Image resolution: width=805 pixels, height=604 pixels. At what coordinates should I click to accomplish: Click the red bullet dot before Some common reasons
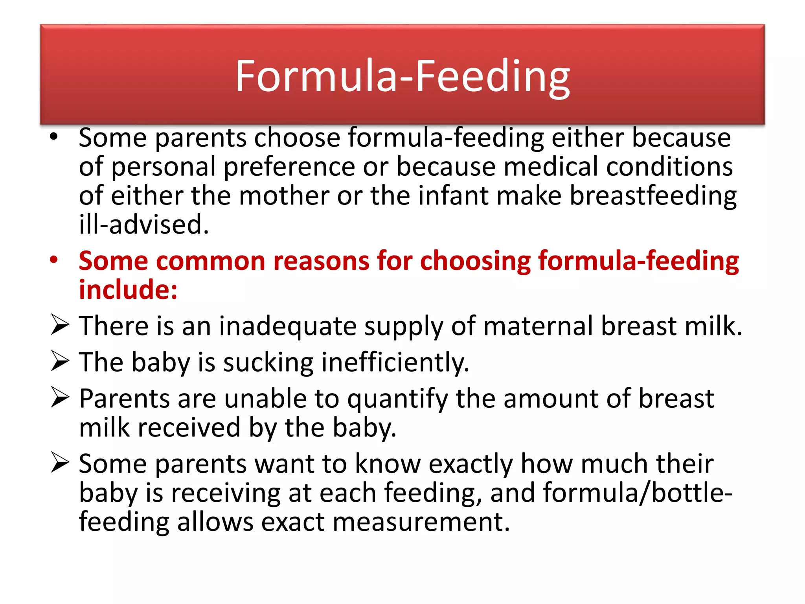(54, 260)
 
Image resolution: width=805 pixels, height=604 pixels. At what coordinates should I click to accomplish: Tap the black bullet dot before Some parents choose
(54, 137)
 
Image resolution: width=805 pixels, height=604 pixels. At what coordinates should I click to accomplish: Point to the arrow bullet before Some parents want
(60, 462)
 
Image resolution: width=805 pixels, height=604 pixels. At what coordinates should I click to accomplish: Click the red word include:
(128, 290)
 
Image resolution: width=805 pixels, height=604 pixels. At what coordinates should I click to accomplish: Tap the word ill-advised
(143, 225)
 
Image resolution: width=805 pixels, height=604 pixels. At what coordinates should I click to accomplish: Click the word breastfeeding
(653, 196)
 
